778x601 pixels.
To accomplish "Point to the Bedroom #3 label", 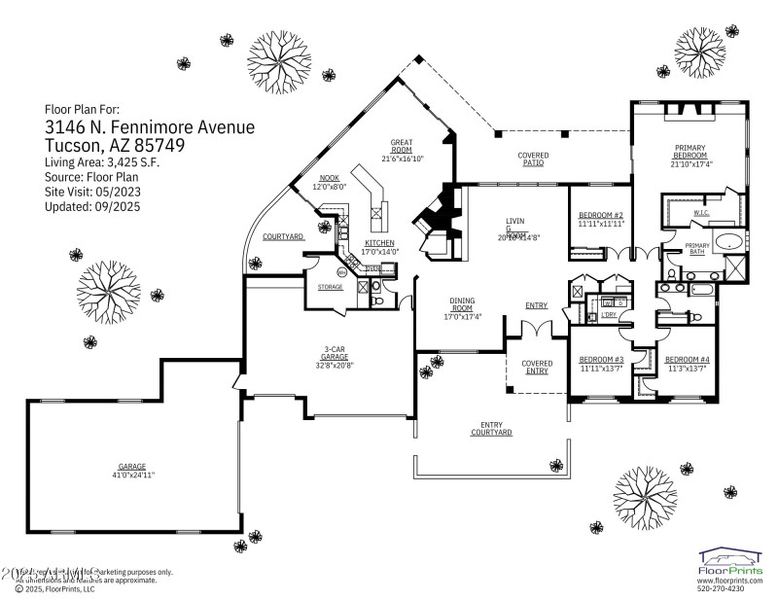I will pos(600,360).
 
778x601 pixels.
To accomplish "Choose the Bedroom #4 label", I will pos(688,360).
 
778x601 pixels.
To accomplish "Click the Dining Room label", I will pos(462,303).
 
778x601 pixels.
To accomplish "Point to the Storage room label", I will pos(330,287).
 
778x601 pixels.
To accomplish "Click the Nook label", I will pos(329,178).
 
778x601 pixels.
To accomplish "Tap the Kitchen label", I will pos(379,242).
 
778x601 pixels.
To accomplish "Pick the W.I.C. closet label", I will pos(700,213).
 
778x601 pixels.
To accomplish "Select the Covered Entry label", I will pos(537,367).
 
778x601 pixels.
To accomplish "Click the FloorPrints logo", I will pos(730,562).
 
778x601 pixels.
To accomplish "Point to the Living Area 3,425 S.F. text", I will pos(102,162).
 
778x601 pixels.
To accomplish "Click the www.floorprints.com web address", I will pos(730,580).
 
